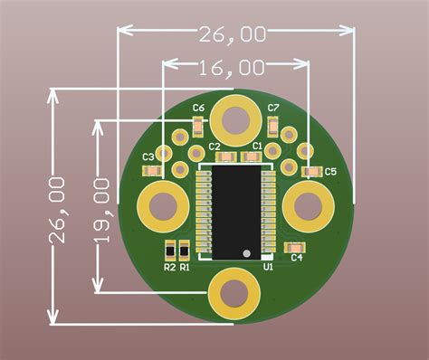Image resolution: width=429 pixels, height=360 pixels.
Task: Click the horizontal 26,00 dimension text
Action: [233, 34]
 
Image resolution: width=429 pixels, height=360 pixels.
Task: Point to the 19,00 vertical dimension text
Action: [101, 210]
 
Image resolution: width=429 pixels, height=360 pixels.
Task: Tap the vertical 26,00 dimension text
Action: [58, 210]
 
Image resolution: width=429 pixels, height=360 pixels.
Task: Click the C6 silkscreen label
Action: [199, 108]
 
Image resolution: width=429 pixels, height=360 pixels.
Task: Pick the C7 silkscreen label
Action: [273, 108]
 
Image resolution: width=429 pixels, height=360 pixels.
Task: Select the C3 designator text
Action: [149, 156]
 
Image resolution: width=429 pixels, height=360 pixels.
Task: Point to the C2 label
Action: [214, 146]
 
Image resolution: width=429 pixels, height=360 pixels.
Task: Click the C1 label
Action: [257, 146]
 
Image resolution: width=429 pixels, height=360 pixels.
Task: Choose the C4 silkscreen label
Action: [296, 258]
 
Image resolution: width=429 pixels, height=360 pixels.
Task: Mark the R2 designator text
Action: [169, 267]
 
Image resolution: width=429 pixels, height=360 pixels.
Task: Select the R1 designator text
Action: [185, 267]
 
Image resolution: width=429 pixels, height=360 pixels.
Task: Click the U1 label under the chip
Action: [268, 267]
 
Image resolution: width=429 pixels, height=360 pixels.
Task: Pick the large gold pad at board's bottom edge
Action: [234, 292]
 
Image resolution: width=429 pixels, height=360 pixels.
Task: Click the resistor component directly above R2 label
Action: [169, 250]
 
